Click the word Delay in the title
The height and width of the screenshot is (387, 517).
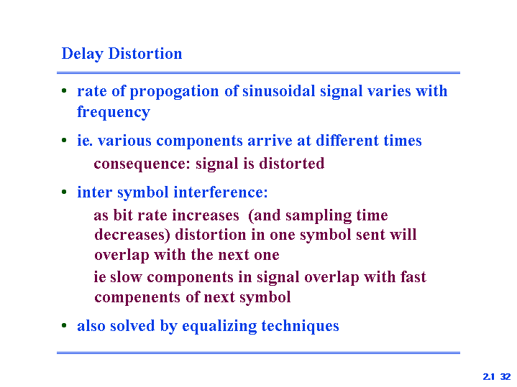(83, 54)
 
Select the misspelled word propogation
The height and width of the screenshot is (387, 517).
(174, 92)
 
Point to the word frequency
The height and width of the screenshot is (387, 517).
(114, 113)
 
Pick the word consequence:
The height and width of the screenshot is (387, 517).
(142, 164)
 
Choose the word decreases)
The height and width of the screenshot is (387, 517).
(132, 235)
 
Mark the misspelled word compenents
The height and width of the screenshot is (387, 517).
(137, 297)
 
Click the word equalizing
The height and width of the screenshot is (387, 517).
(219, 327)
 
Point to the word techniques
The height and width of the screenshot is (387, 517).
(300, 327)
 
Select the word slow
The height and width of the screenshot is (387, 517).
(126, 277)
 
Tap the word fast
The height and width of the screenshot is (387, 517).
(413, 277)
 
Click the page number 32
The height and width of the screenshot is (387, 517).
(505, 376)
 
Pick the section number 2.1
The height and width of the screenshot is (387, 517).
(489, 376)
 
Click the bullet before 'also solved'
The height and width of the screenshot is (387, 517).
(64, 326)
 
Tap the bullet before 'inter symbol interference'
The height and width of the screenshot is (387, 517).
(64, 192)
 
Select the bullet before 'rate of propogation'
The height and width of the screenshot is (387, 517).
(64, 90)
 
